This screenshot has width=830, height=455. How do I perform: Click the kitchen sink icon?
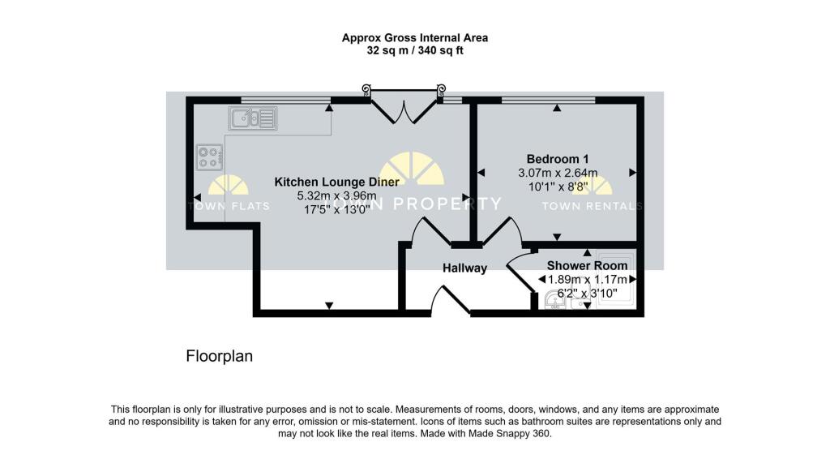[253, 119]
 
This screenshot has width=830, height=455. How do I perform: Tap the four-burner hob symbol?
[209, 157]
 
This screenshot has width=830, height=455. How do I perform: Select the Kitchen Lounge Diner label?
[336, 182]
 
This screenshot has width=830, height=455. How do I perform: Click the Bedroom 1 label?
[557, 159]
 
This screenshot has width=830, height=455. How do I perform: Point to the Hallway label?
[464, 268]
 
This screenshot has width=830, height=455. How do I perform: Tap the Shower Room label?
[587, 266]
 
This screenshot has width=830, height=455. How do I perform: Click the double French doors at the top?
[404, 105]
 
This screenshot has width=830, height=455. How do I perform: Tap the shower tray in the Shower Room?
[617, 292]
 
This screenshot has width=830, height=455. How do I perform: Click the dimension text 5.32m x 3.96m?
[336, 196]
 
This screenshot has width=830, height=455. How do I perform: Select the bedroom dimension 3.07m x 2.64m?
[557, 173]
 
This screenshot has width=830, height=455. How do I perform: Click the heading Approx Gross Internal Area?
[414, 37]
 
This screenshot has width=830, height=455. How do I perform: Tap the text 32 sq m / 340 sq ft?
[414, 50]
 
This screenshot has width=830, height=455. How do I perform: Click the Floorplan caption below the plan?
[220, 356]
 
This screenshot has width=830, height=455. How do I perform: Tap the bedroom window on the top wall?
[548, 100]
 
